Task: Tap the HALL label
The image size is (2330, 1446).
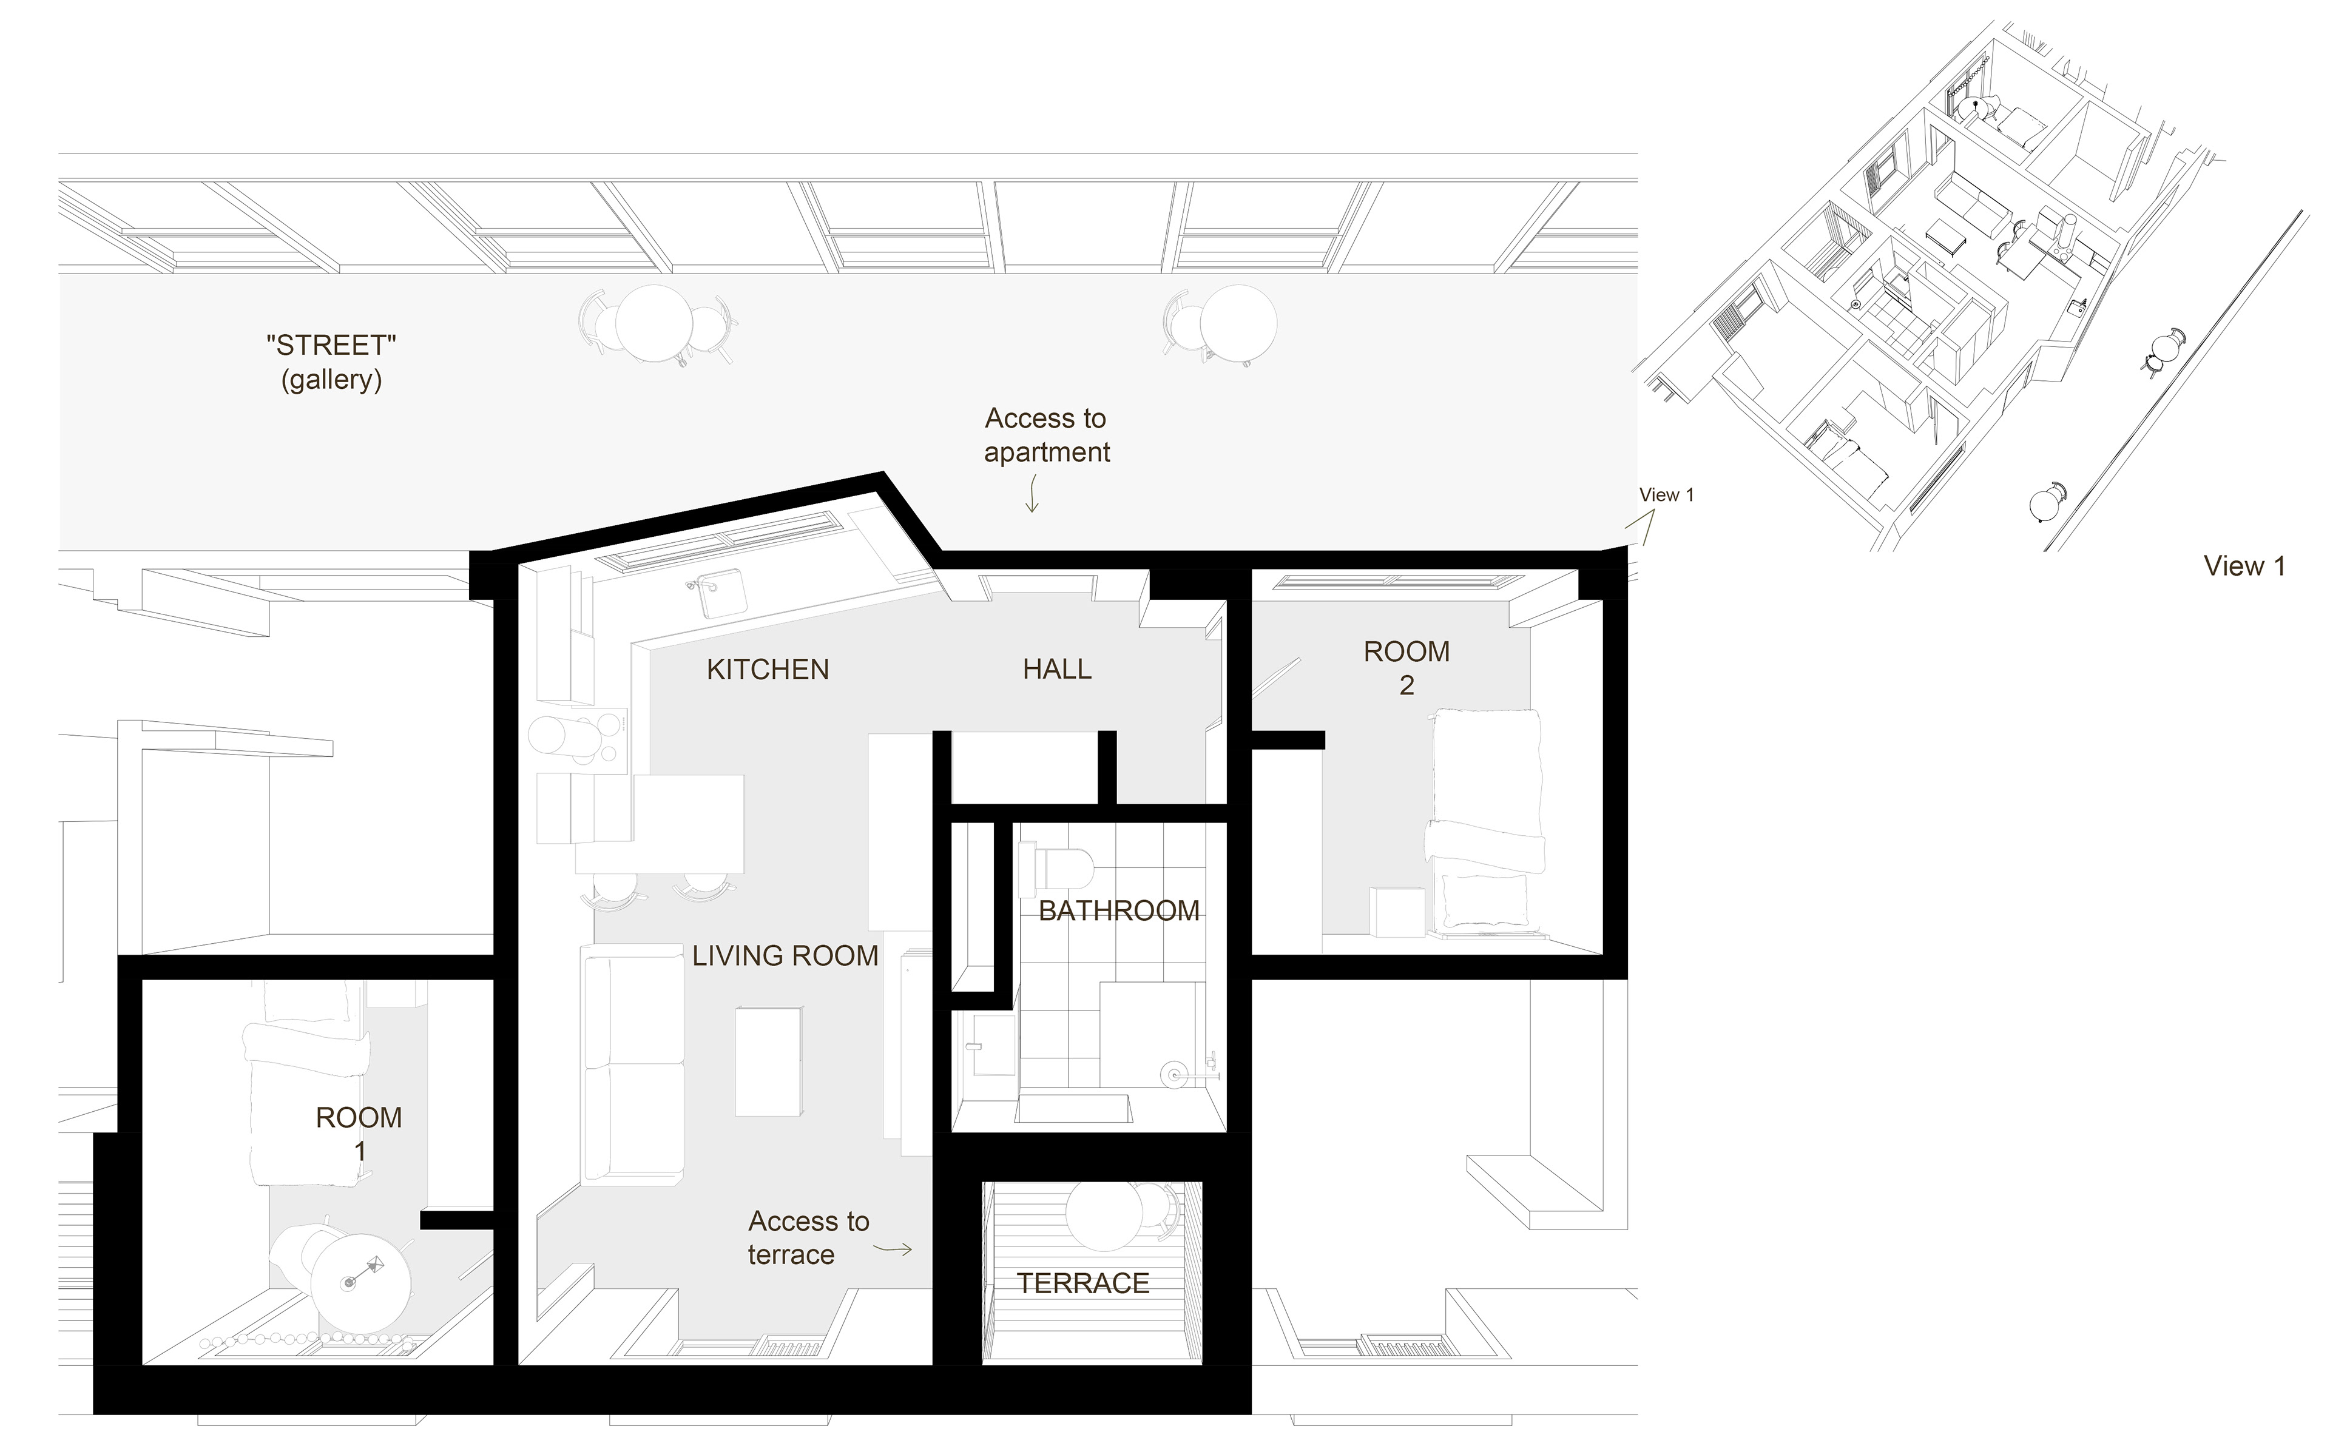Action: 1057,670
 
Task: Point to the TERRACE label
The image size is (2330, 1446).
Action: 1082,1283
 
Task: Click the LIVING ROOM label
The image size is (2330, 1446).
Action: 785,955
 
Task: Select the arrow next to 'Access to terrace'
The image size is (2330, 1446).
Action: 894,1248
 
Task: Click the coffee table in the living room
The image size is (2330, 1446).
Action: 768,1061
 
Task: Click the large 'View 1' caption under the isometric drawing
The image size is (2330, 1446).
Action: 2244,566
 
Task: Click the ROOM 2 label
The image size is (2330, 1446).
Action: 1406,668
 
